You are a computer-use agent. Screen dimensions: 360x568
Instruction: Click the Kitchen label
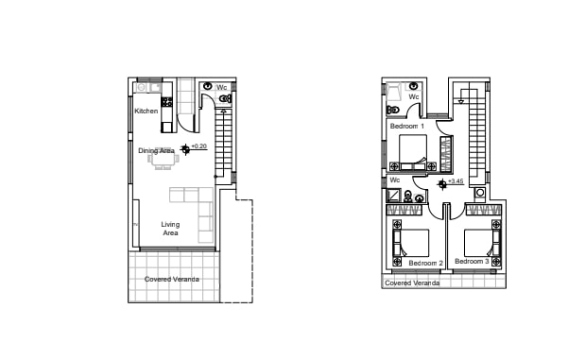click(x=146, y=111)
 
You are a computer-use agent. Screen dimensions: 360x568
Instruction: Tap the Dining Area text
click(x=156, y=150)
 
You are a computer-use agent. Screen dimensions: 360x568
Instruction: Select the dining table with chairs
click(x=162, y=160)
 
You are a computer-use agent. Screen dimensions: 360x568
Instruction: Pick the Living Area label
click(x=170, y=228)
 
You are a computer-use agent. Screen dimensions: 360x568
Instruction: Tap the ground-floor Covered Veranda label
click(x=172, y=279)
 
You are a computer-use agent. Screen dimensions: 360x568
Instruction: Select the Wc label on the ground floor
click(x=223, y=88)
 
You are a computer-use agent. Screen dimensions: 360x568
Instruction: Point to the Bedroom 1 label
click(x=407, y=126)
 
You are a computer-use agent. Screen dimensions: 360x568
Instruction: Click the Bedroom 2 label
click(x=425, y=263)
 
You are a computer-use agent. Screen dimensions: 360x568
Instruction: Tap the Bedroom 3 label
click(x=472, y=261)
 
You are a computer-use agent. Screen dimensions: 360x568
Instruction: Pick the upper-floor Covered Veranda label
click(x=412, y=283)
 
